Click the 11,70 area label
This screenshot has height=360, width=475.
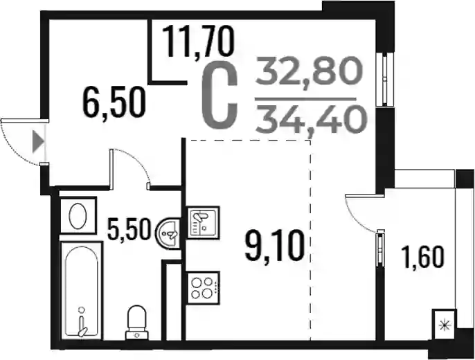point(199,42)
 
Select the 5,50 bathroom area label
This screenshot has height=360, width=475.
point(129,230)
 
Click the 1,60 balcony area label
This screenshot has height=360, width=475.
point(422,258)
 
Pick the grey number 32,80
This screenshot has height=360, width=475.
point(310,71)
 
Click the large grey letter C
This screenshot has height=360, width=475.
point(219,98)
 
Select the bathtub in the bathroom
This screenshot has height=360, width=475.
point(82,291)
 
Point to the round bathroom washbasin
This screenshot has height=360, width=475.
point(168,233)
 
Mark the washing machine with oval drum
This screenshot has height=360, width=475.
point(78,215)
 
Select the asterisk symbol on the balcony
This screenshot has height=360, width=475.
point(444,325)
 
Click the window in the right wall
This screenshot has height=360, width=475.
point(385,79)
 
